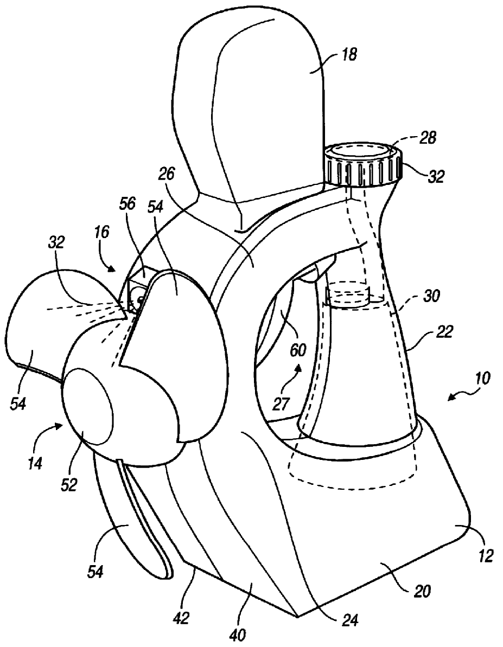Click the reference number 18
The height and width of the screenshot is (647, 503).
coord(349,55)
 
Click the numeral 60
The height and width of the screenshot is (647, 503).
coord(297,350)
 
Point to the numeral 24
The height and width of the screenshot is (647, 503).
coord(355,617)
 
